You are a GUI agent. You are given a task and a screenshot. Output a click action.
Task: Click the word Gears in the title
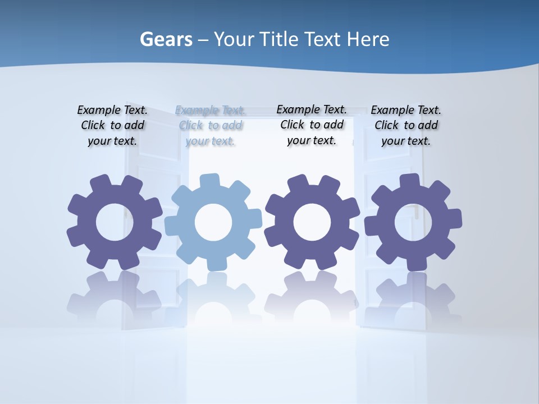(x=166, y=40)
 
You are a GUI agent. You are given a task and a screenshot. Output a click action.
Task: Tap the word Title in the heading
(x=280, y=40)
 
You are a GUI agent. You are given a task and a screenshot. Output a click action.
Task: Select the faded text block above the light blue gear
(x=211, y=126)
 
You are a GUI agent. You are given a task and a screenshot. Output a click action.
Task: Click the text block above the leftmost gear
(x=112, y=126)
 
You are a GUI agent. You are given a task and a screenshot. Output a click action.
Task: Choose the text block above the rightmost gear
(x=406, y=126)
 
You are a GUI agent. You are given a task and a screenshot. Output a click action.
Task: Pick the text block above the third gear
(x=312, y=125)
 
